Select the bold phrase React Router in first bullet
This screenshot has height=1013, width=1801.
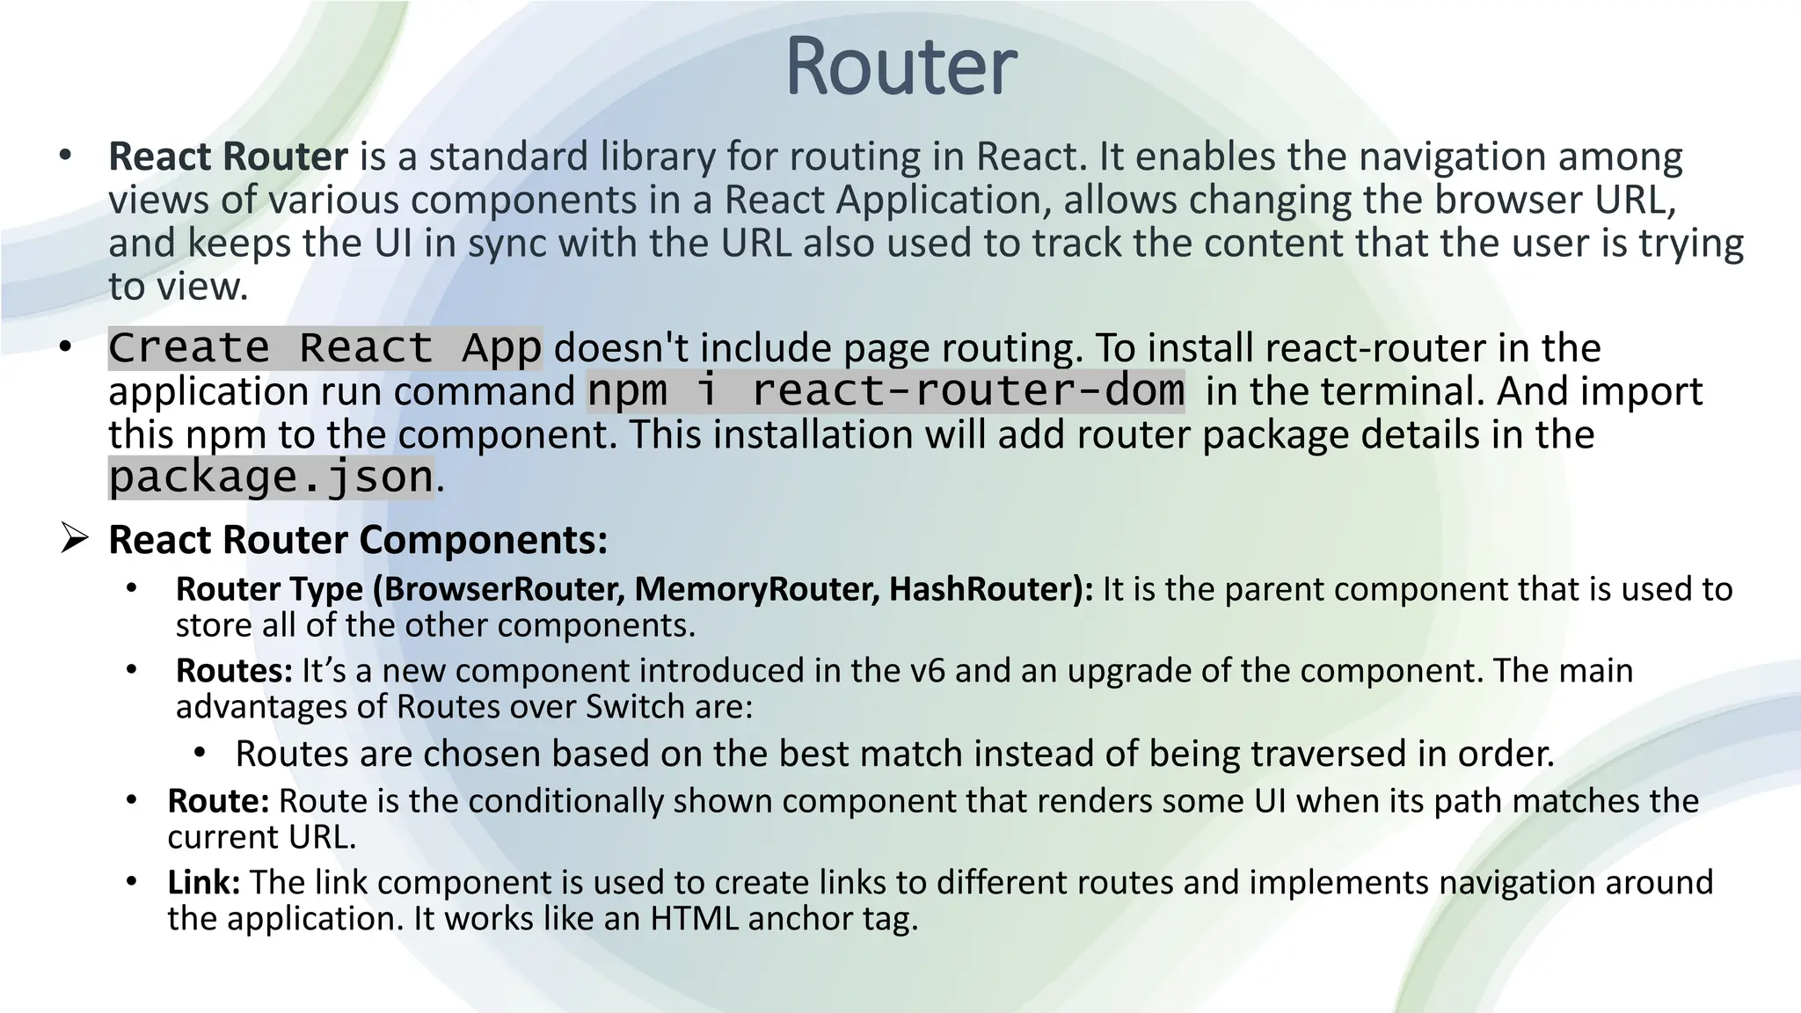(x=228, y=157)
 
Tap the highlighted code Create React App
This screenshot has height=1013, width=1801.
(x=324, y=348)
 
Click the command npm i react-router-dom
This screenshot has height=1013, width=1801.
(x=886, y=391)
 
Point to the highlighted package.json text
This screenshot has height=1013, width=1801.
(x=271, y=477)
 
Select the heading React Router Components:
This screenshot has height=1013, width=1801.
(x=358, y=539)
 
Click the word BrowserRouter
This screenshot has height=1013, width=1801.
(x=504, y=589)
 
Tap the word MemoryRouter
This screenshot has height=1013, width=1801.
(x=757, y=589)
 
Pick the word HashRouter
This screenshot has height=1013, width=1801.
(x=984, y=589)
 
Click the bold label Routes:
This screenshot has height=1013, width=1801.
(x=234, y=671)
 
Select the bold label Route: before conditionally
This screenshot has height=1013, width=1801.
(x=218, y=801)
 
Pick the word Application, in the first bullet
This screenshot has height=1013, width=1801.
(x=944, y=200)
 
